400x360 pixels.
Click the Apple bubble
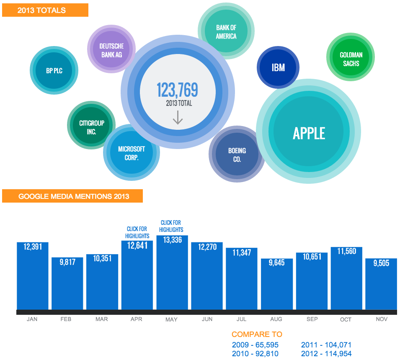[309, 134]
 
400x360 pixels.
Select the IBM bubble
[278, 67]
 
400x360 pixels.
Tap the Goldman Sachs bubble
[351, 59]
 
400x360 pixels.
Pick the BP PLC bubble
[54, 71]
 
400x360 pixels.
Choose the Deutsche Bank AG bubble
[111, 50]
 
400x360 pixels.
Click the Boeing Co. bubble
[237, 154]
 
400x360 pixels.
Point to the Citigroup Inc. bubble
[91, 127]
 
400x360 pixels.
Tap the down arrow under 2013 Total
[178, 118]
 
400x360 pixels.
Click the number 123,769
[177, 90]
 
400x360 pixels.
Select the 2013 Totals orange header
[45, 10]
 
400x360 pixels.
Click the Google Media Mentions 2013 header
[73, 196]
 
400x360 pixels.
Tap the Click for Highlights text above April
[137, 232]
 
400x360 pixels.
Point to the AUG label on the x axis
[276, 319]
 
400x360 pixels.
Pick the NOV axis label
[381, 319]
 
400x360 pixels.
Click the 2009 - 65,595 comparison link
[255, 345]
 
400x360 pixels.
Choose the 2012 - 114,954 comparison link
[326, 354]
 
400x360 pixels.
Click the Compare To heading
[257, 334]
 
